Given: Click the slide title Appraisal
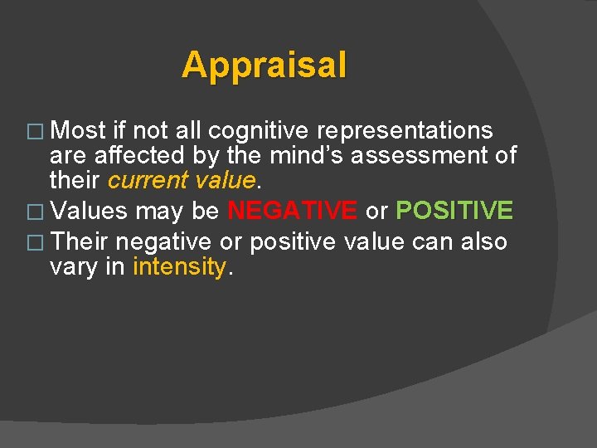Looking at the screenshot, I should pos(265,65).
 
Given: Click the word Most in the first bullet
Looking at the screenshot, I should pos(78,131).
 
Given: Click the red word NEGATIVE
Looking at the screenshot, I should pos(292,211).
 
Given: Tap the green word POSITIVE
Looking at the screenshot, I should pos(454,211).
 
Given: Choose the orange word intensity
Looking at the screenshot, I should pos(179,267).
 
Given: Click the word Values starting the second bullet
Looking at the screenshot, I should pos(90,211).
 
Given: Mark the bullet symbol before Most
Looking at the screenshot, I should pos(38,132).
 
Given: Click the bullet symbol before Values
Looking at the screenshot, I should pos(38,212).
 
